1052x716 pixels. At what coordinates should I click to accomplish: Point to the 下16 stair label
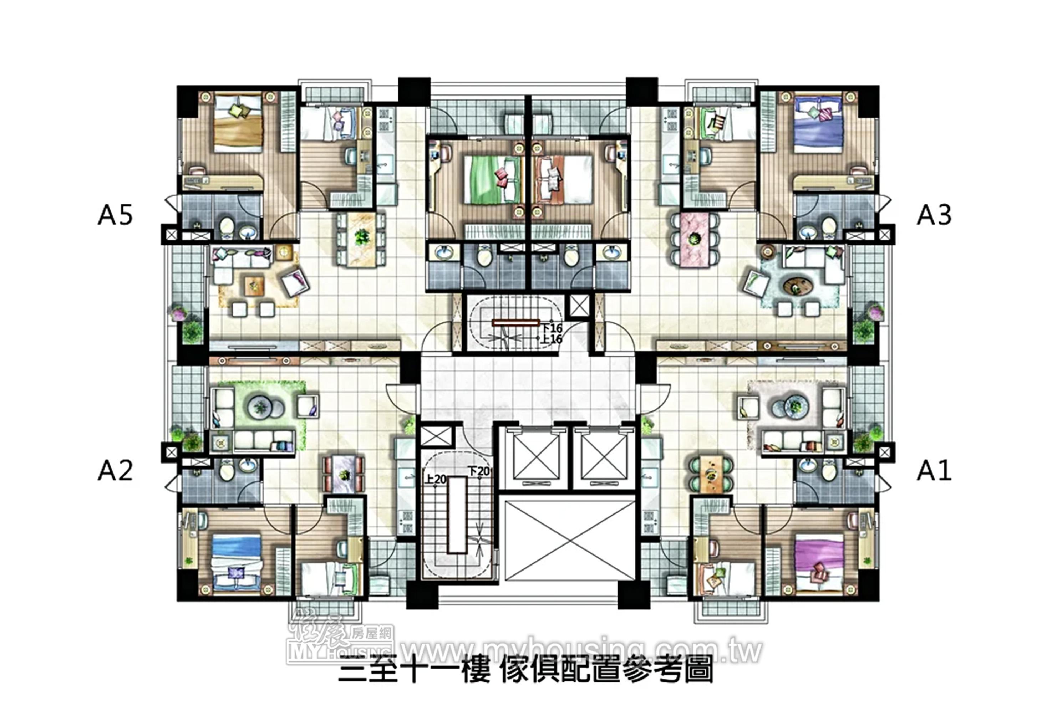point(552,328)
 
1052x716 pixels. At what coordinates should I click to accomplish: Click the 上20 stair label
point(436,479)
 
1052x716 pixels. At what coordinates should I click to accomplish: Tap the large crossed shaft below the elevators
point(569,541)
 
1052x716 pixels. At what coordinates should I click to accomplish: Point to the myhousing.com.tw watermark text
point(582,651)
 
